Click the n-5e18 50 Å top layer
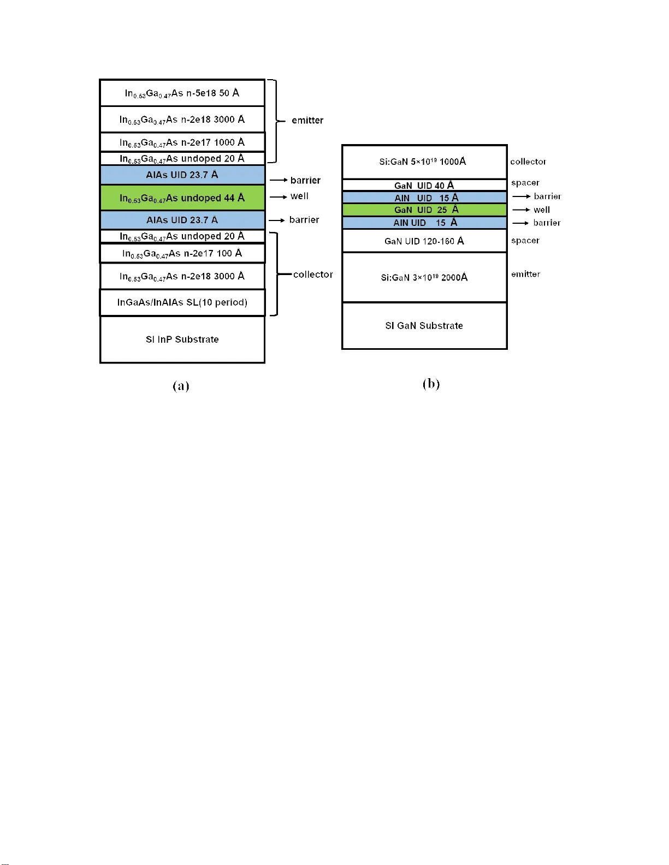point(182,93)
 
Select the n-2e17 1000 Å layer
point(182,142)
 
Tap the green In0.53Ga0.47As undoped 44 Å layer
point(182,198)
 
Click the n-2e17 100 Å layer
point(182,253)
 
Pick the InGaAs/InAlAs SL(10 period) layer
point(182,302)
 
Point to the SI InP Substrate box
point(182,339)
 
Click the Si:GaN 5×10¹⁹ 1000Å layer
point(424,162)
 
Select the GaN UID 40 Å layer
point(424,185)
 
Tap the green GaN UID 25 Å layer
point(424,210)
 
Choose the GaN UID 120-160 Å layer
point(424,241)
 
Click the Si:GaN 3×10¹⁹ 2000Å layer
point(424,277)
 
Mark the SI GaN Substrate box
point(424,326)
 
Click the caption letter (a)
point(181,386)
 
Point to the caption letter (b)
point(431,384)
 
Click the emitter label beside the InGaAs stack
point(307,120)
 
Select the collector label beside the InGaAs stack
point(313,275)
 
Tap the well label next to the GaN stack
point(542,210)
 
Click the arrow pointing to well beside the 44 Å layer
point(278,196)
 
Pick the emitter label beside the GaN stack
point(525,274)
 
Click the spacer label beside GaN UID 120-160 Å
point(525,240)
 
